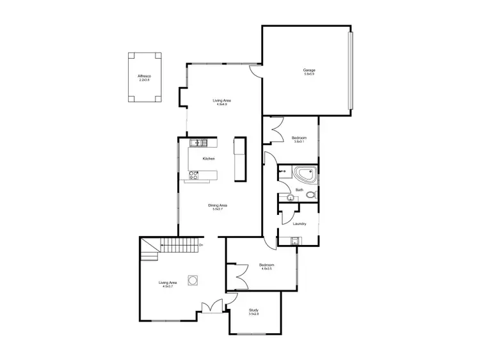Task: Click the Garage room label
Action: (x=309, y=70)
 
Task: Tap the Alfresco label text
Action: (x=144, y=76)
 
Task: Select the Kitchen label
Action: (x=209, y=159)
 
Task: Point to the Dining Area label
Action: (x=218, y=205)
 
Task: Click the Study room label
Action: (x=254, y=311)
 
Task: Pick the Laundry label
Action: (x=300, y=224)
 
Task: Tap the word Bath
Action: (x=299, y=190)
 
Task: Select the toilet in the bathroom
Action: (x=310, y=195)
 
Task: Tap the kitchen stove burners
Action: (x=193, y=173)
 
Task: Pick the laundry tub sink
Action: (x=295, y=241)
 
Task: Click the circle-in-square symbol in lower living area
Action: (x=192, y=279)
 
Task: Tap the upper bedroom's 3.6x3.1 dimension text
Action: (x=299, y=142)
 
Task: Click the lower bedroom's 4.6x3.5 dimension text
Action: (x=266, y=269)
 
